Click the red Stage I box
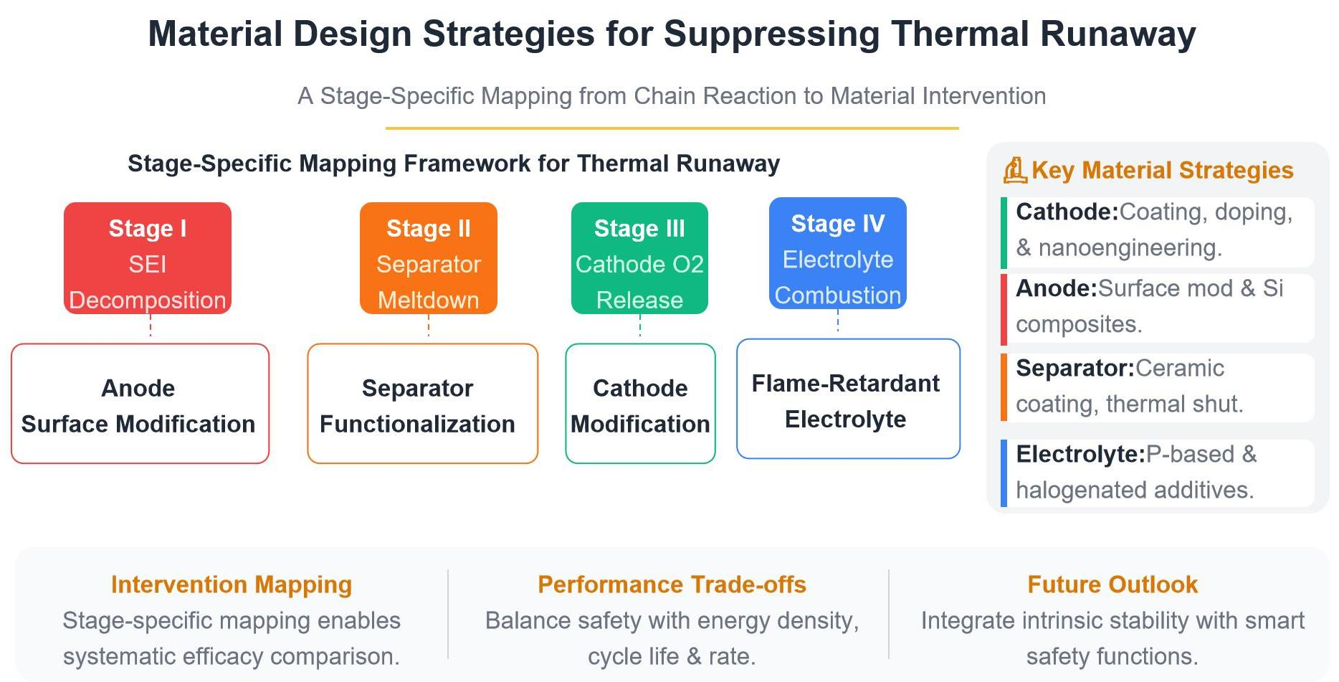click(x=148, y=258)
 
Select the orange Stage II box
click(x=429, y=258)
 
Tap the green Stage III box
click(x=639, y=258)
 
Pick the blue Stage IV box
click(x=838, y=253)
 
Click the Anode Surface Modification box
click(x=140, y=404)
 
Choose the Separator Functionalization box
click(x=423, y=404)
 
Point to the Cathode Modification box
click(x=641, y=404)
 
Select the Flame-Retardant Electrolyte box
click(x=849, y=399)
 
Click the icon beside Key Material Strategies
click(x=1015, y=171)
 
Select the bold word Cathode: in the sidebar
click(x=1067, y=212)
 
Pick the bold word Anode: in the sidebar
click(x=1057, y=288)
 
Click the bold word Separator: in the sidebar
click(x=1075, y=369)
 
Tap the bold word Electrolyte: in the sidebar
click(x=1080, y=455)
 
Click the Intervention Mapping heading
click(x=232, y=584)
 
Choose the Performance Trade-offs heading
click(x=672, y=584)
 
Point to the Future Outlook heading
click(x=1112, y=584)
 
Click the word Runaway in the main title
click(x=1118, y=34)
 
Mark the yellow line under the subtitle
click(x=672, y=128)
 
